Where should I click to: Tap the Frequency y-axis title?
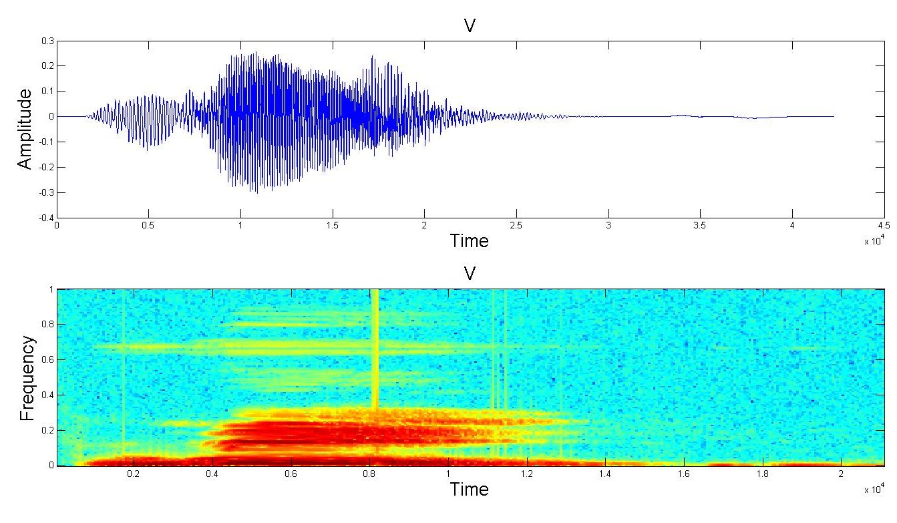point(27,378)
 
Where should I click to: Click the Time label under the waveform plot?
point(469,240)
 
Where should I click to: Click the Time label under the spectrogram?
point(469,489)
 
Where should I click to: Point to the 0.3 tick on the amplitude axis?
point(47,41)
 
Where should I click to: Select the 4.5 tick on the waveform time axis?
point(884,226)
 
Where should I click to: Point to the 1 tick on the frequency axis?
point(51,290)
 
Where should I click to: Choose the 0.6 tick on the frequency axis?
point(47,360)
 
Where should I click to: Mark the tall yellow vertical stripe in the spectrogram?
point(375,347)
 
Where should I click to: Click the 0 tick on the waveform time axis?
point(57,226)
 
